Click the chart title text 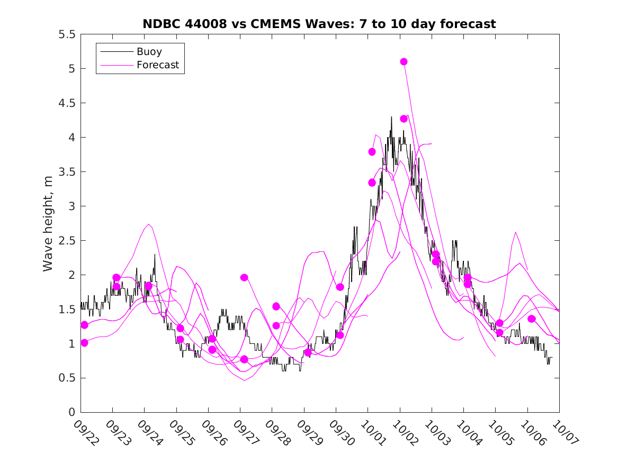pos(319,24)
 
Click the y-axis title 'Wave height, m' pos(48,223)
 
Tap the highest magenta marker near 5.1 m pos(404,62)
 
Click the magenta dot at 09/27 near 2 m pos(244,277)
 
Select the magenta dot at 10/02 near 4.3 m pos(404,119)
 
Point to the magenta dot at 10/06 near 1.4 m pos(532,319)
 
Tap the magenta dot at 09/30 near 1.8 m pos(340,287)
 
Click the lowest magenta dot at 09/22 pos(84,343)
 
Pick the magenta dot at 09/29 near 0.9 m pos(308,352)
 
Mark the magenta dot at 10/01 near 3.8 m pos(372,152)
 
